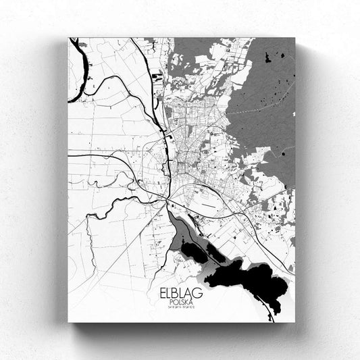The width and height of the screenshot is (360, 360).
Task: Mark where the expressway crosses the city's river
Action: pyautogui.click(x=165, y=196)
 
